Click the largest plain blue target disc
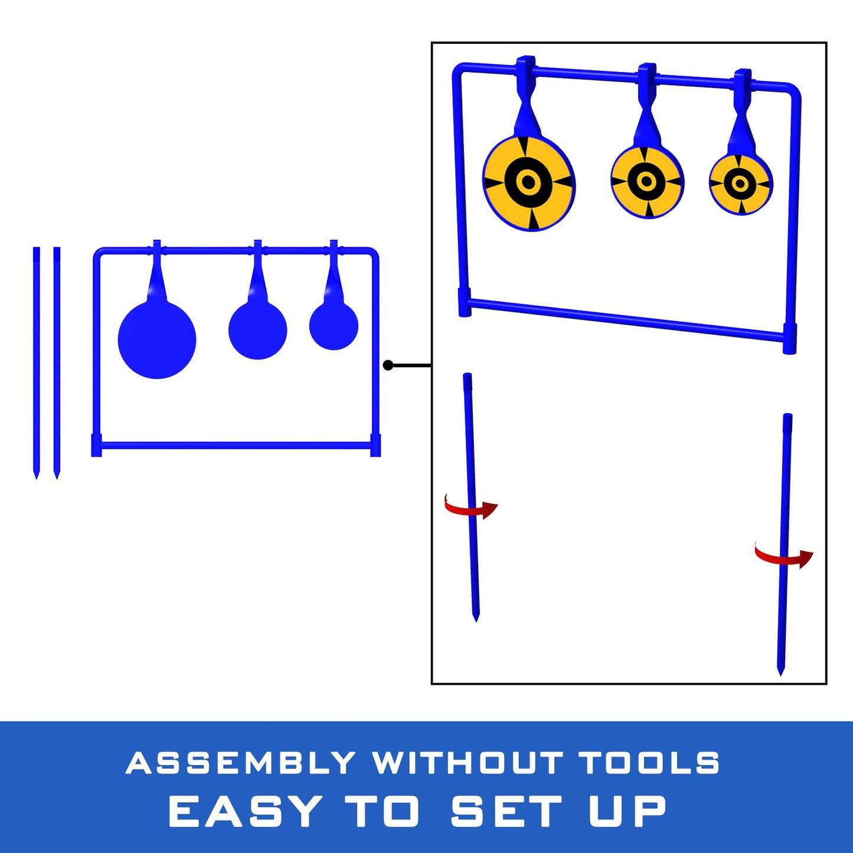tap(156, 340)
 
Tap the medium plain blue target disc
tap(257, 330)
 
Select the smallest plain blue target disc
tap(334, 326)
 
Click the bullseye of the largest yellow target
tap(528, 181)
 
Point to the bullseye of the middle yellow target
tap(646, 181)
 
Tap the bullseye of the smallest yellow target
tap(739, 182)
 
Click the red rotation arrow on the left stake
tap(471, 507)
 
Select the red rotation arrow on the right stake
tap(783, 555)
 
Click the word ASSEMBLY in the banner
tap(240, 762)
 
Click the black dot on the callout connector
tap(388, 365)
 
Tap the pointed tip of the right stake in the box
tap(780, 676)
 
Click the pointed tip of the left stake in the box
tap(476, 622)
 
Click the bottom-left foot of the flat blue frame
tap(96, 445)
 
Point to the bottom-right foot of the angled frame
tap(790, 339)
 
